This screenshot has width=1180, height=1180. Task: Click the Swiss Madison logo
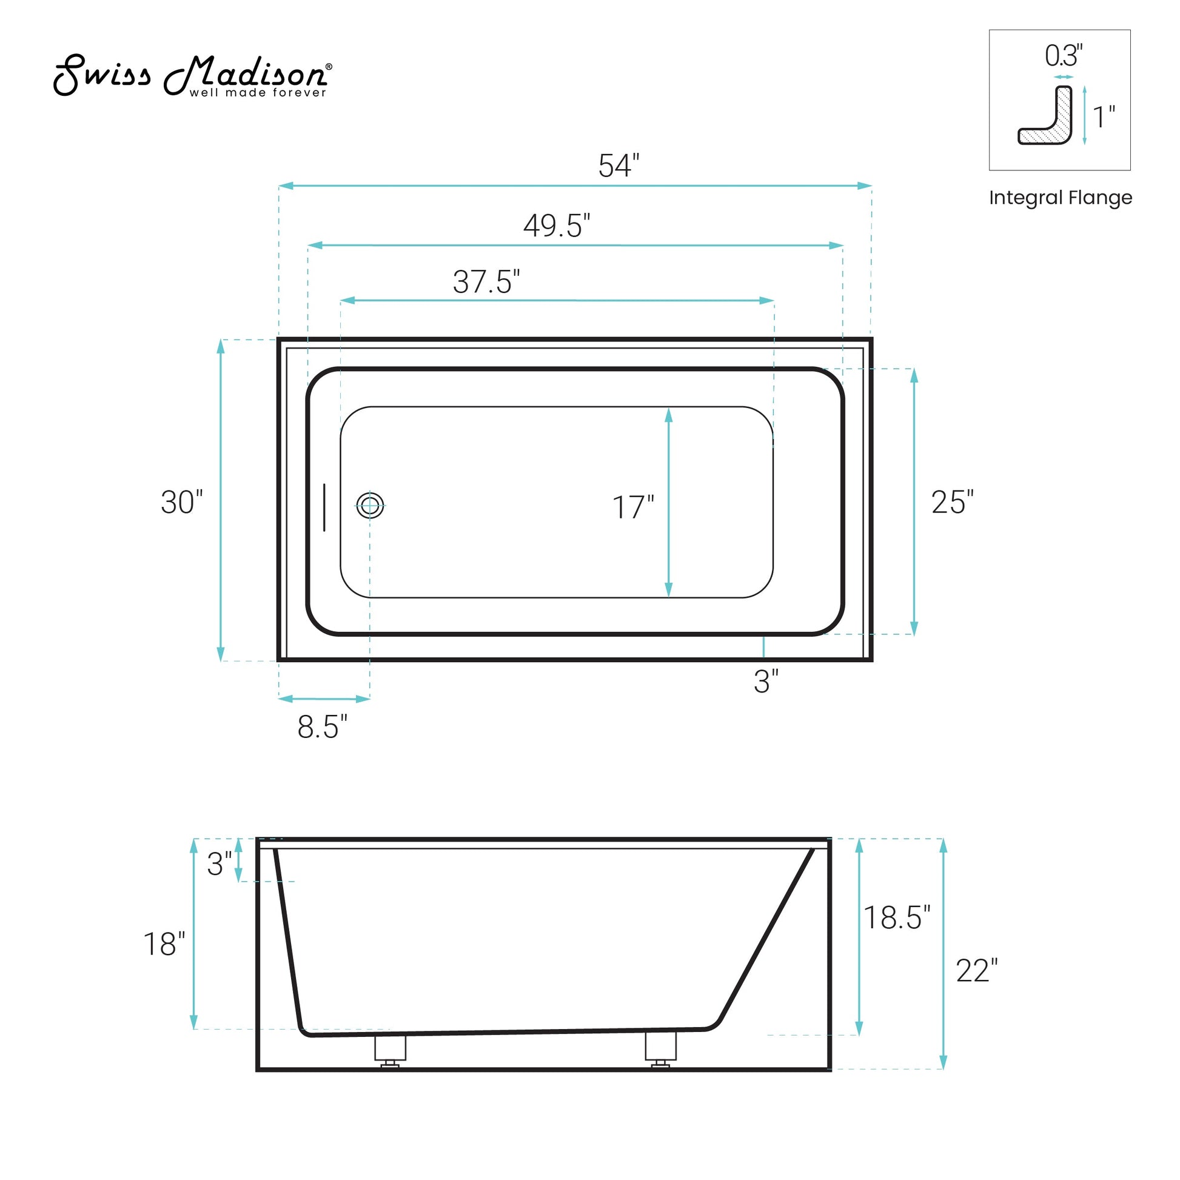coord(193,76)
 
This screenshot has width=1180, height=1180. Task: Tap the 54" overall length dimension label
coord(618,166)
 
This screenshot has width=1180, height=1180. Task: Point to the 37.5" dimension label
coord(486,281)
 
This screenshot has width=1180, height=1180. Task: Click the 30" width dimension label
coord(181,502)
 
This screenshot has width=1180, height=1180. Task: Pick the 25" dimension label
coord(952,502)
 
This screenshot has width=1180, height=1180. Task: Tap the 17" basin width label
coord(634,508)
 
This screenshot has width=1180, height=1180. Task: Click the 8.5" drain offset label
coord(322,727)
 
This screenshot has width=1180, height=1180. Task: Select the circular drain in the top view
coord(370,505)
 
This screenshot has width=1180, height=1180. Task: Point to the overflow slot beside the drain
coord(324,507)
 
